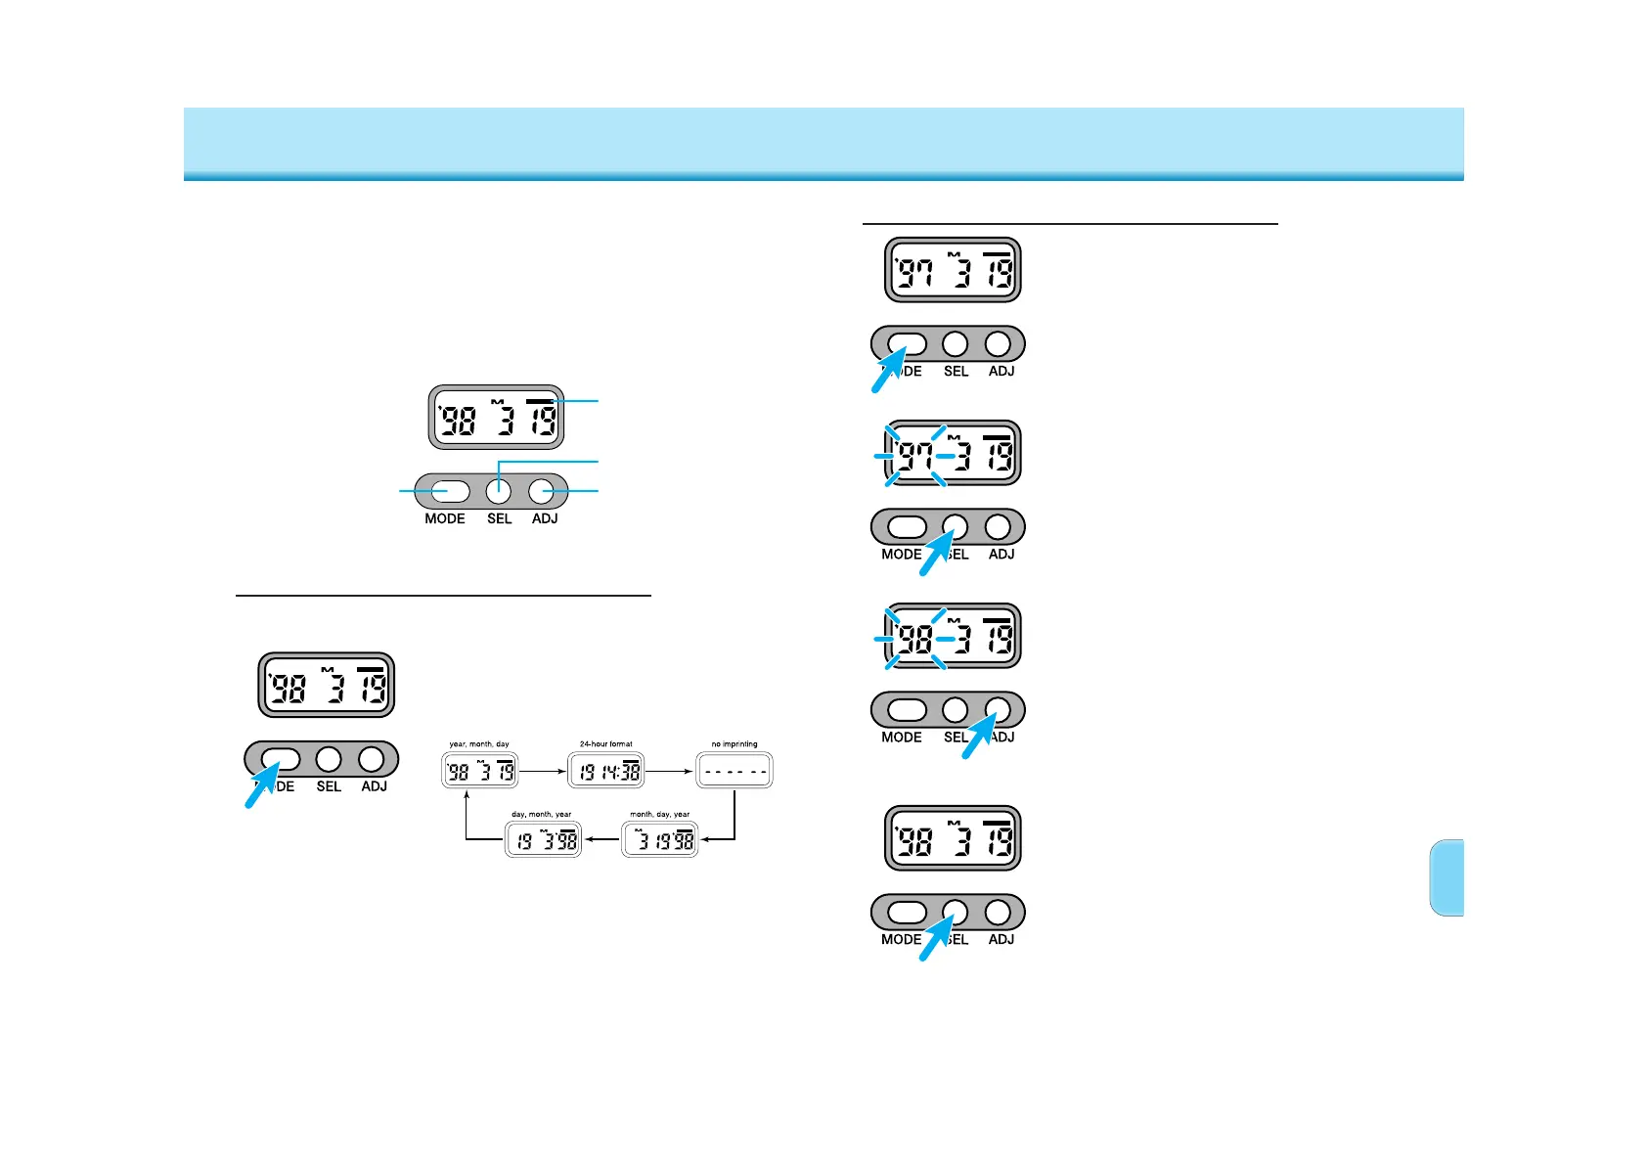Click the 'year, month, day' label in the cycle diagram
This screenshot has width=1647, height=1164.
[x=479, y=744]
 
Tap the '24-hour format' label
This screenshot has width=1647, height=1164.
[x=606, y=744]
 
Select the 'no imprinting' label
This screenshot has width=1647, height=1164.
[x=734, y=744]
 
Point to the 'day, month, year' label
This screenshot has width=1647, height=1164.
[x=542, y=815]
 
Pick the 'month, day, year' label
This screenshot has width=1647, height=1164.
[x=660, y=815]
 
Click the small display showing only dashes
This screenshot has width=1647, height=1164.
[x=734, y=771]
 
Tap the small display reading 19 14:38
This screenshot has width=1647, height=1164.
[x=606, y=771]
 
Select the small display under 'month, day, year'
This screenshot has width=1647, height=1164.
[x=660, y=840]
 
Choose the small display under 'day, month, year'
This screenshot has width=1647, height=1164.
[x=543, y=840]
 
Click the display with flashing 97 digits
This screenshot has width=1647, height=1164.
[x=953, y=454]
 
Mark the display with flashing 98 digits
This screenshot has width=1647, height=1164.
[x=953, y=637]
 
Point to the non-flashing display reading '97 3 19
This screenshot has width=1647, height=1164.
[x=953, y=271]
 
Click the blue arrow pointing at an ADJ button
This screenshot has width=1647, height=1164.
[x=981, y=736]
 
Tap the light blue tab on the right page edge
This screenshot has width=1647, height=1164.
[x=1447, y=877]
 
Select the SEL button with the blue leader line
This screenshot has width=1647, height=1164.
[x=499, y=491]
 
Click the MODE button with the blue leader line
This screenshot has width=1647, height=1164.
[x=445, y=491]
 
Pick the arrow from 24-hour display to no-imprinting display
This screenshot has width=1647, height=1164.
[x=670, y=771]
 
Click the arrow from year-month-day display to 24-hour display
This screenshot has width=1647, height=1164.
[x=543, y=771]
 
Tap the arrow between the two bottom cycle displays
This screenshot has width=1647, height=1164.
[x=601, y=840]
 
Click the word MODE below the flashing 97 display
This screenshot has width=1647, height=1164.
[x=901, y=555]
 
